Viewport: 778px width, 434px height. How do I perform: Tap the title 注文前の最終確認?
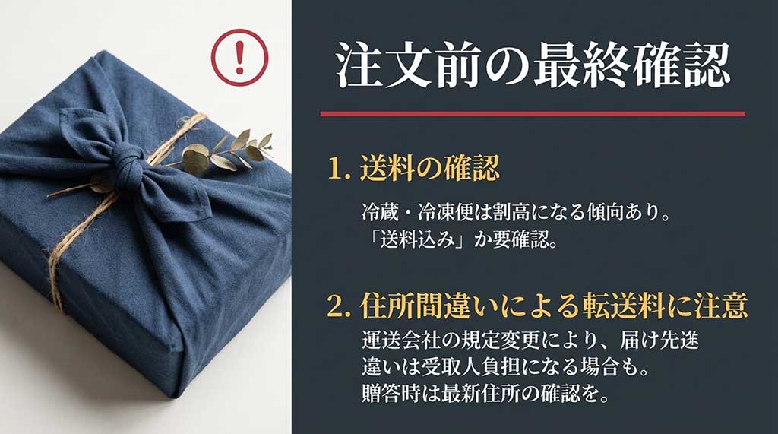click(533, 65)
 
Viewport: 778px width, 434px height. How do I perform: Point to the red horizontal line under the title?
click(532, 114)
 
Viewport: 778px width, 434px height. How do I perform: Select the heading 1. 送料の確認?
click(414, 169)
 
